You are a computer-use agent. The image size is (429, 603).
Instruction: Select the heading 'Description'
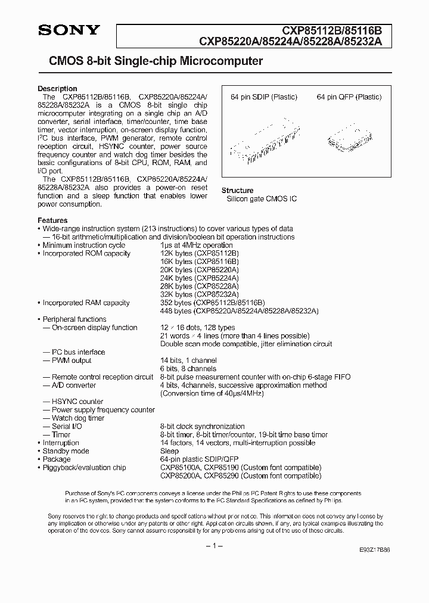point(57,89)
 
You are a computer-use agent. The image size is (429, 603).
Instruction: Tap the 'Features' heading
point(52,220)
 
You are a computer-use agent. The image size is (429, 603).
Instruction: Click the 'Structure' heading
point(238,191)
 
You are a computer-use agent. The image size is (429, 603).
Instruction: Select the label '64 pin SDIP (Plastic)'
point(264,97)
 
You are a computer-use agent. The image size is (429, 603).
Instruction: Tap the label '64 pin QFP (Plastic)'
point(349,97)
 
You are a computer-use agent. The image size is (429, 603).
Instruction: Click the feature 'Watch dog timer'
point(77,418)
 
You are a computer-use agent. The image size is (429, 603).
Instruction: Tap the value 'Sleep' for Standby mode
point(169,451)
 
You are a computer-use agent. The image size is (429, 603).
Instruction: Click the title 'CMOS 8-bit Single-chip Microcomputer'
point(151,61)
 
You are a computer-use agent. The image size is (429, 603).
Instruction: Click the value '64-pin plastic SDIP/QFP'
point(200,459)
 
